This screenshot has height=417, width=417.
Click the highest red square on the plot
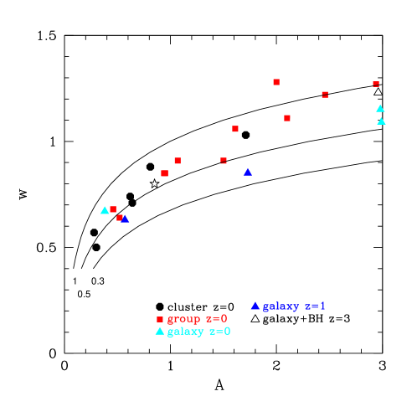[x=276, y=82]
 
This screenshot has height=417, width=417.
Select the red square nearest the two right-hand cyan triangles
[x=376, y=84]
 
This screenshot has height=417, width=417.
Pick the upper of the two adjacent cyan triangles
[x=380, y=108]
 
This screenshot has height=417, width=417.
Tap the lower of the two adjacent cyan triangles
[x=381, y=121]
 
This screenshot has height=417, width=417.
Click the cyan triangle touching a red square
[x=105, y=210]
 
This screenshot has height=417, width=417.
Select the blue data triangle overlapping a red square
[x=125, y=219]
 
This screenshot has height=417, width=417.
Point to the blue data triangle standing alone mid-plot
[x=248, y=172]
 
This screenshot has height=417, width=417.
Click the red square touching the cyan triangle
[x=113, y=209]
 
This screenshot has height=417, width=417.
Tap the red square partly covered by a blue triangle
[x=120, y=218]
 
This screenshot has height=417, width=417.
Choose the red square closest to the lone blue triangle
[x=224, y=160]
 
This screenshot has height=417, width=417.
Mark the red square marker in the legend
[x=160, y=319]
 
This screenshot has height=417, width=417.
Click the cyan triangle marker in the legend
[x=159, y=331]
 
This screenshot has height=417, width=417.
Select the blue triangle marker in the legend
[x=255, y=306]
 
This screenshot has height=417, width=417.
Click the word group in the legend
[x=183, y=319]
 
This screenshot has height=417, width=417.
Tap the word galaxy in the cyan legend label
[x=183, y=332]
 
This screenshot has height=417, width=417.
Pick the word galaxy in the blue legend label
[x=280, y=306]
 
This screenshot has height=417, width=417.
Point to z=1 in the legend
[x=315, y=306]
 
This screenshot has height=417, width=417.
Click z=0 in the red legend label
[x=217, y=319]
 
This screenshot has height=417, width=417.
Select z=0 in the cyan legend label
[x=219, y=332]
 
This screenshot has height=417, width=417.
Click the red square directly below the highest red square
[x=287, y=118]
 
